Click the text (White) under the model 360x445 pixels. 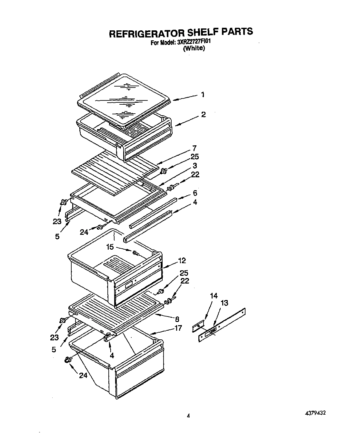[x=194, y=48]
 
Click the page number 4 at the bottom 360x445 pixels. [x=188, y=416]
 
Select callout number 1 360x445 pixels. [x=203, y=95]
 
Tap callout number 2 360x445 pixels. [x=203, y=114]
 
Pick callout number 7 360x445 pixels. [x=194, y=149]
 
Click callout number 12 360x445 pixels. [x=182, y=260]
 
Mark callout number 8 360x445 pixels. [x=177, y=319]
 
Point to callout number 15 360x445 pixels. [x=110, y=247]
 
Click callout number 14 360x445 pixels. [x=214, y=295]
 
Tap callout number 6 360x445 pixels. [x=195, y=193]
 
